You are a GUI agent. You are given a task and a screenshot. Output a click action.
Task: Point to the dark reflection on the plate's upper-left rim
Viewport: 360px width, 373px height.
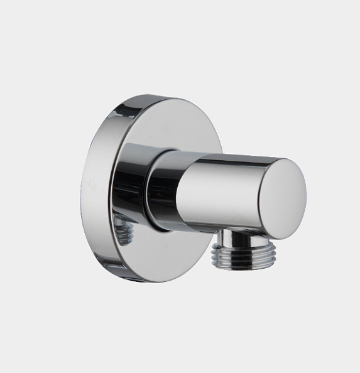coord(107,126)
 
